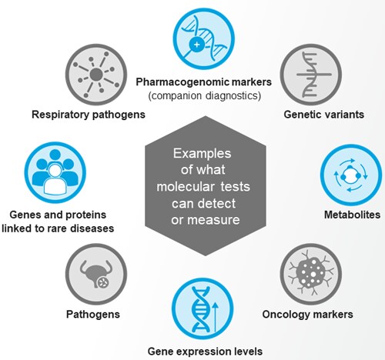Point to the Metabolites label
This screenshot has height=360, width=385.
click(344, 218)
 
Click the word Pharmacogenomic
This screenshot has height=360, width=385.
click(174, 81)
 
